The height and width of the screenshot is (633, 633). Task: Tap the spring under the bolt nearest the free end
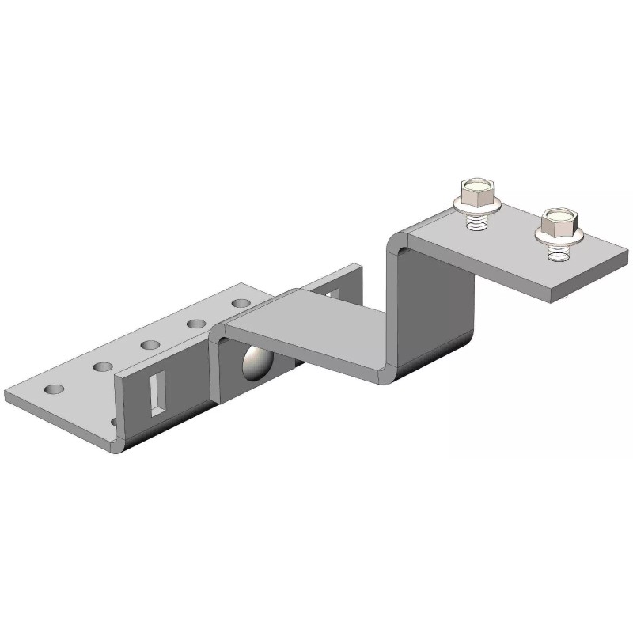tap(557, 252)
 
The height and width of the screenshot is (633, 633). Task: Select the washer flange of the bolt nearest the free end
tap(558, 234)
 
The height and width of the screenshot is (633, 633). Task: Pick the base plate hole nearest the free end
tap(54, 390)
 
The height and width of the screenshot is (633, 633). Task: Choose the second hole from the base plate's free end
tap(103, 366)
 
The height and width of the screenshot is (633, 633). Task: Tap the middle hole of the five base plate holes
tap(148, 344)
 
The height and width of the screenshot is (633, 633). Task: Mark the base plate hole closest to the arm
tap(240, 302)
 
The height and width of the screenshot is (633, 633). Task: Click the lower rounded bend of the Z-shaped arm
tap(388, 372)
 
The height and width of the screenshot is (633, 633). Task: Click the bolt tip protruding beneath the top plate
tap(569, 298)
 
